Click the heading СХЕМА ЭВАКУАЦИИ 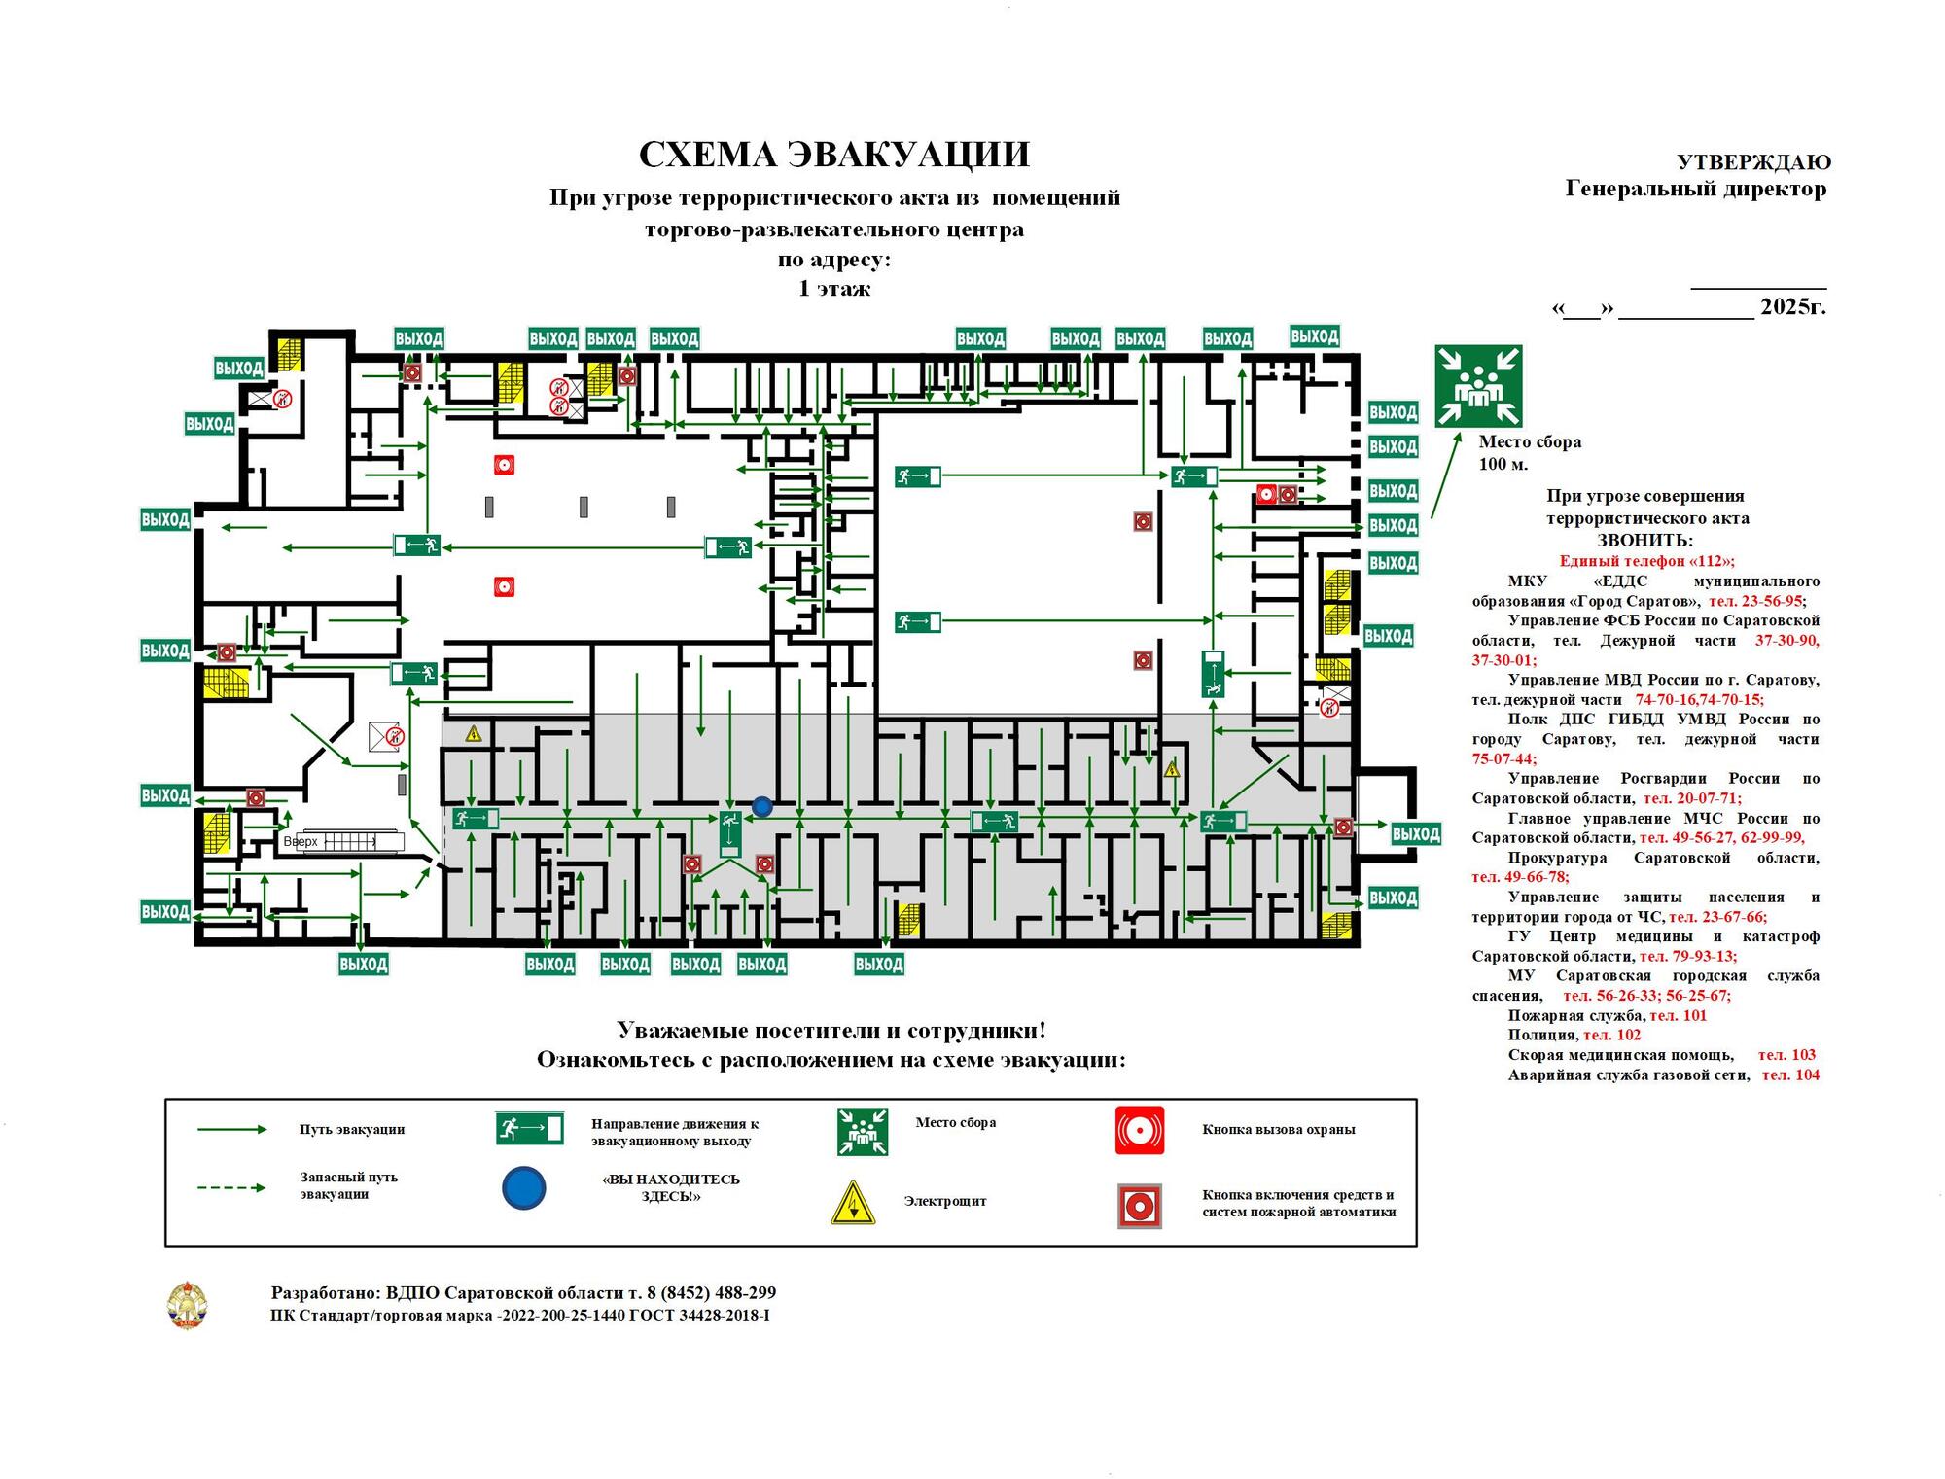click(833, 155)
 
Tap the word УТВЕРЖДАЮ click(1753, 162)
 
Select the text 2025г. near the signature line click(1792, 306)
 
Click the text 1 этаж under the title click(833, 289)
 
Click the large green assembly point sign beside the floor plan click(1478, 386)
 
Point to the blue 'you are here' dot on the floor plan click(762, 806)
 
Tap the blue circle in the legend click(524, 1187)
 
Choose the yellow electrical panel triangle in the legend click(853, 1203)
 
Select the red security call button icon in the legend click(1139, 1130)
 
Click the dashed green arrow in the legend click(231, 1187)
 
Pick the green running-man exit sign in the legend click(529, 1129)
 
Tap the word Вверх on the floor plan click(301, 842)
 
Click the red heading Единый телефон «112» click(1646, 561)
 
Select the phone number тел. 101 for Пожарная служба click(1679, 1015)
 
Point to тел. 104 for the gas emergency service click(1790, 1074)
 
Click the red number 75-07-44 click(1503, 758)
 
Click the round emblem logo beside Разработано click(187, 1305)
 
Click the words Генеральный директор click(1695, 189)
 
